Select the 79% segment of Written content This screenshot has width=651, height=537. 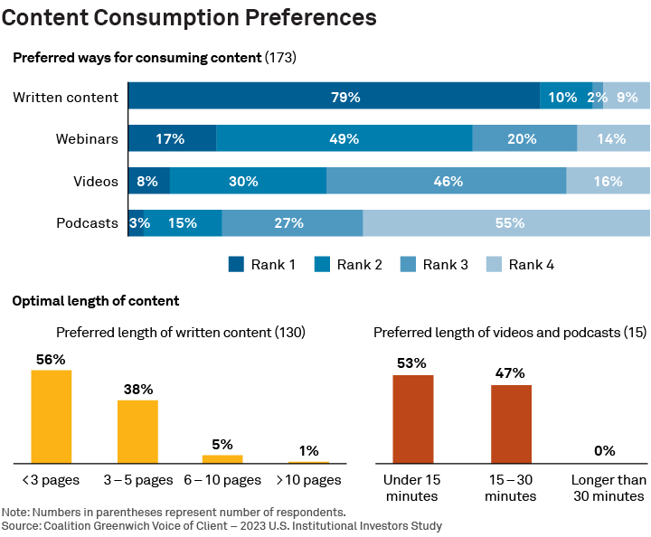(334, 97)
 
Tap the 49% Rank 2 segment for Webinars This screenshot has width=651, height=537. (344, 138)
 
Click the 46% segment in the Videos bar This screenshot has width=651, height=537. (447, 181)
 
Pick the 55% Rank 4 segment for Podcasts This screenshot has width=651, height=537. (506, 223)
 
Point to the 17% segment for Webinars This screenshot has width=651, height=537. (172, 138)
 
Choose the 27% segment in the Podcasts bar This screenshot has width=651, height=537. (292, 223)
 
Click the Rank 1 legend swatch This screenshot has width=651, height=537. (236, 265)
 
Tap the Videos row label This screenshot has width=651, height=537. (96, 181)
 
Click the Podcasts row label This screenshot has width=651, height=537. (87, 223)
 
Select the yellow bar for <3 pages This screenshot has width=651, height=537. (52, 417)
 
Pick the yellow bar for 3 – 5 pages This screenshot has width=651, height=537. (137, 431)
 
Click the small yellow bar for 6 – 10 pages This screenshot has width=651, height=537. (222, 458)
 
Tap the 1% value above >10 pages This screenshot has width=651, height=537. (308, 450)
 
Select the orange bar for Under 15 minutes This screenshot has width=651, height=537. (412, 419)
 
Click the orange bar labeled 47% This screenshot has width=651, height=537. (511, 424)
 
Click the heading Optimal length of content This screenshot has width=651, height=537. (96, 301)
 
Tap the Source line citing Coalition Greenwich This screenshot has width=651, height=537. (222, 525)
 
